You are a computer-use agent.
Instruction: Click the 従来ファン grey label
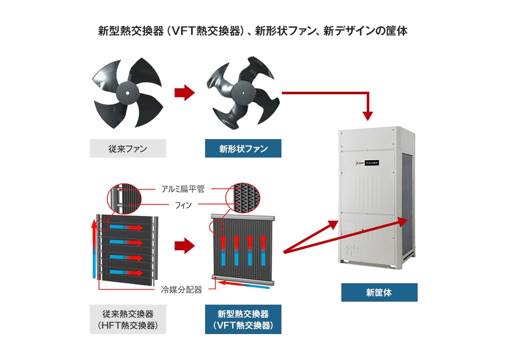pos(128,149)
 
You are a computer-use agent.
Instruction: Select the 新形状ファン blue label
pos(243,149)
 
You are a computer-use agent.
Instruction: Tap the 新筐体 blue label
pos(379,293)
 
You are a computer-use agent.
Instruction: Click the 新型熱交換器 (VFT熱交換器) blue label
pos(243,320)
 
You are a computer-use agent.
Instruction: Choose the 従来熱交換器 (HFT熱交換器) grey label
pos(128,320)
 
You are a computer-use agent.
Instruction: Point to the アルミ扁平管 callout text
pos(183,189)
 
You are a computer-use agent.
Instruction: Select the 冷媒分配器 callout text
pos(181,289)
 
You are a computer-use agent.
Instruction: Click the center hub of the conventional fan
pos(127,92)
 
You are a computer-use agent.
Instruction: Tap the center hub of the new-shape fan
pos(243,93)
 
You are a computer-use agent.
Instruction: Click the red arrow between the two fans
pos(184,92)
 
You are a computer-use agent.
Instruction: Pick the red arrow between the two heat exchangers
pos(184,245)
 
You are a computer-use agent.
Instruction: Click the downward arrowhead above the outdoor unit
pos(368,115)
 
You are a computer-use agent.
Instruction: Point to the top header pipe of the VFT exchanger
pos(243,218)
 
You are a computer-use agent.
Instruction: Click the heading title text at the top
pos(252,31)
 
